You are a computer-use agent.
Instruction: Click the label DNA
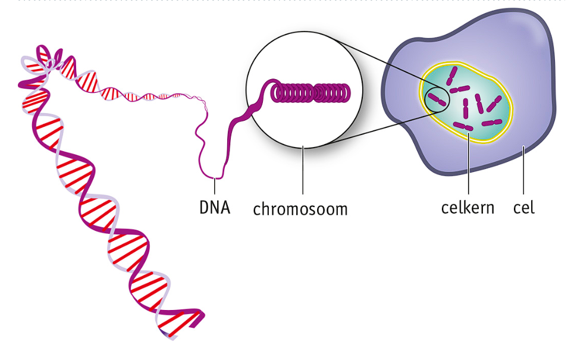click(x=214, y=208)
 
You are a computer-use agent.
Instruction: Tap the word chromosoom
click(x=300, y=209)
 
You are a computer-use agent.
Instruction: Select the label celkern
click(x=468, y=208)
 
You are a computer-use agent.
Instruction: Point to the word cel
click(x=524, y=208)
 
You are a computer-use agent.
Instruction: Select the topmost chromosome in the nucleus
click(x=453, y=76)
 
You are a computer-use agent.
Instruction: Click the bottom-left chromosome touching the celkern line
click(x=463, y=126)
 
